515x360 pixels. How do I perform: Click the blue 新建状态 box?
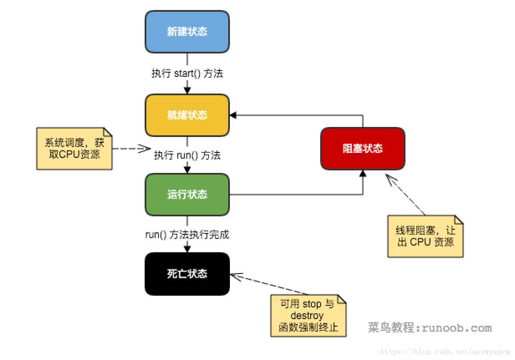187,32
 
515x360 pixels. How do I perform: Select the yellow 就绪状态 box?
187,115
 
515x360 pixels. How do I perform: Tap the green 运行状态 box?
187,195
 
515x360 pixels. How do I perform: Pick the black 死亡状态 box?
187,274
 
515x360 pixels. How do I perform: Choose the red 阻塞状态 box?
362,148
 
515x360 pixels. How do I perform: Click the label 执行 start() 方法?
187,74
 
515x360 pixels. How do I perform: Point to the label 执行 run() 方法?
187,155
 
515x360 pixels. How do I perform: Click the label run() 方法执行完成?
187,234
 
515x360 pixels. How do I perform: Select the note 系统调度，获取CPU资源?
74,148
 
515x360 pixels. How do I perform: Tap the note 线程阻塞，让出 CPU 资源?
425,236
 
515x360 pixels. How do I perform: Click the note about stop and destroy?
308,315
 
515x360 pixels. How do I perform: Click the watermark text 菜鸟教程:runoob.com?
430,328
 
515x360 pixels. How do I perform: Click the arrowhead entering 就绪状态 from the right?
233,115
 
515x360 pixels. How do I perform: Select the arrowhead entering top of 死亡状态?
187,249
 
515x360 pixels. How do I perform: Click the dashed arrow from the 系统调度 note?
130,148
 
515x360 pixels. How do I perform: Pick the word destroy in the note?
307,315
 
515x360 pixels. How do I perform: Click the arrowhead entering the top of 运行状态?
187,170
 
